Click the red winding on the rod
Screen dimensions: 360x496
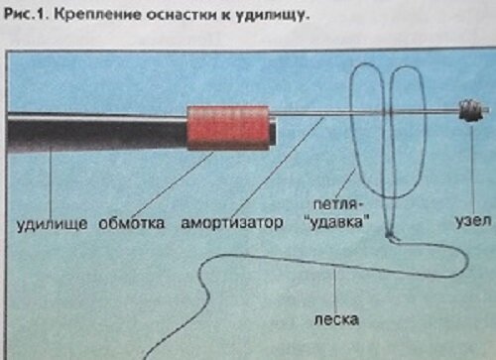229,127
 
